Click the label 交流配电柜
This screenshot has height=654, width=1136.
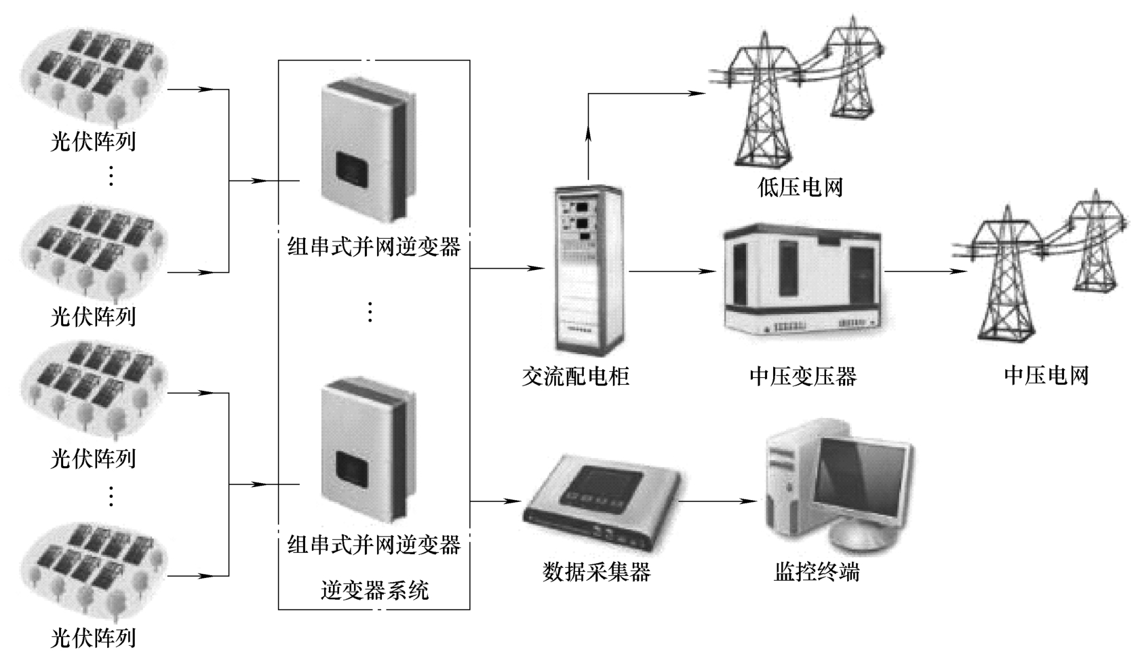click(x=575, y=376)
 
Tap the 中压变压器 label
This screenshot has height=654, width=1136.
click(x=803, y=376)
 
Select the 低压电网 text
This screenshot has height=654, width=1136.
click(x=800, y=187)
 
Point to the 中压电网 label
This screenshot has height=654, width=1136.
click(x=1046, y=375)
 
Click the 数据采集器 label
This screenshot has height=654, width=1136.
click(x=596, y=572)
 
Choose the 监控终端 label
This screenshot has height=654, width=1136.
click(x=817, y=572)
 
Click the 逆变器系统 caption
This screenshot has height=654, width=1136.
click(x=374, y=590)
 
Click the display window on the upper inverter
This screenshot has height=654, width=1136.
click(x=353, y=169)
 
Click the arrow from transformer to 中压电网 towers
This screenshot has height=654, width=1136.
click(x=925, y=271)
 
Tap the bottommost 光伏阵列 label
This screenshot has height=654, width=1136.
click(x=93, y=638)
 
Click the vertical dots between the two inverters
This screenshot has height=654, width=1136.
click(x=370, y=312)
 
